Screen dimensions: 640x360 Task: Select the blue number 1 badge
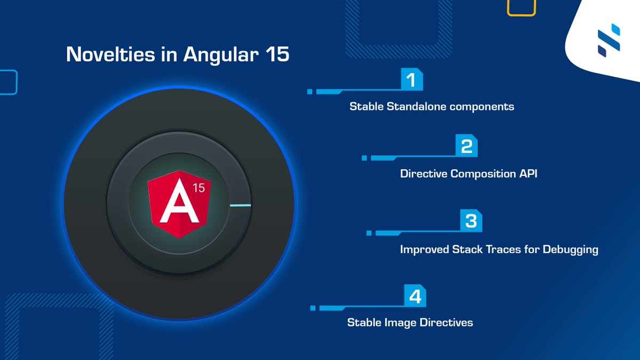(411, 80)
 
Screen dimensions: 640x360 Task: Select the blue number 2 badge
(466, 147)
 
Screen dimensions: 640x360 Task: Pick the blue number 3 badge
(471, 221)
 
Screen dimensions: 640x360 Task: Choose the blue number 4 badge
(415, 296)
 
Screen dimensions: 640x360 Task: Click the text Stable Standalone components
(431, 107)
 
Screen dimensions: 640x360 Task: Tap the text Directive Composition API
(468, 174)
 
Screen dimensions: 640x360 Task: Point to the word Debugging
(570, 250)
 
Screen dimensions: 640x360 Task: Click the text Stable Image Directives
(410, 323)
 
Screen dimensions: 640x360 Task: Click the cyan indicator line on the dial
(239, 205)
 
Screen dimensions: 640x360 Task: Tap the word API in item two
(527, 174)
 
